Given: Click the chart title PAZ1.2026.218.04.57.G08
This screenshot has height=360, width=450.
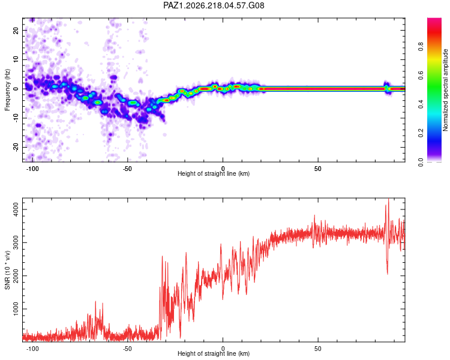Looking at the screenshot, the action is point(214,5).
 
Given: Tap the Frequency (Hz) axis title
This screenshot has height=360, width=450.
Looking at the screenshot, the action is point(7,90).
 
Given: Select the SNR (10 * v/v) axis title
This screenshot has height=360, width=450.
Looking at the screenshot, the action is point(7,270).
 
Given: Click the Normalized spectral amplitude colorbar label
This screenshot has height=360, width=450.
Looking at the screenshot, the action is point(445,90).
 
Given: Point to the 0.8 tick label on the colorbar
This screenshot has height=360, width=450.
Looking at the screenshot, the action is point(421,46).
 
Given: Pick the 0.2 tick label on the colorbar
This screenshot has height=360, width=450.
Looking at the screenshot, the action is point(421,133).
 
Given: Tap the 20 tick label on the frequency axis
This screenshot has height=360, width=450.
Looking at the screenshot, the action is point(16,31).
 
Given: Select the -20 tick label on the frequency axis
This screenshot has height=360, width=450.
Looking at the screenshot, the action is point(16,147).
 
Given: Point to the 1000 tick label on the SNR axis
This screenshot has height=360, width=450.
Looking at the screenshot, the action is point(16,309).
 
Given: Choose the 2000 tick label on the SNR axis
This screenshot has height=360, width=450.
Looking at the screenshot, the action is point(16,276).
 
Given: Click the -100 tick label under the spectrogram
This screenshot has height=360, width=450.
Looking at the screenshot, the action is point(32,169).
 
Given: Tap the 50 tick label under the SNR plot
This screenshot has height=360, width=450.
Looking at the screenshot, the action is point(318,349).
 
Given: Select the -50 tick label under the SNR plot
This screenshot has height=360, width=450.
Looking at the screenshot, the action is point(127,349).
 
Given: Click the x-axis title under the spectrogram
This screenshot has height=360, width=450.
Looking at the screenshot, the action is point(214,173).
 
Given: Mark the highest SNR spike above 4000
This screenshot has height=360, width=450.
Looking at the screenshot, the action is point(389,199).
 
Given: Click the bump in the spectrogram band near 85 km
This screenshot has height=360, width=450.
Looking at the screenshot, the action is point(386,88).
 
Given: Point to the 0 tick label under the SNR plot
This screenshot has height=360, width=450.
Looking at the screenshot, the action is point(223,349).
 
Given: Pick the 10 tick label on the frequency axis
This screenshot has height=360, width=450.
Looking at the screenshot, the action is point(16,59).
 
